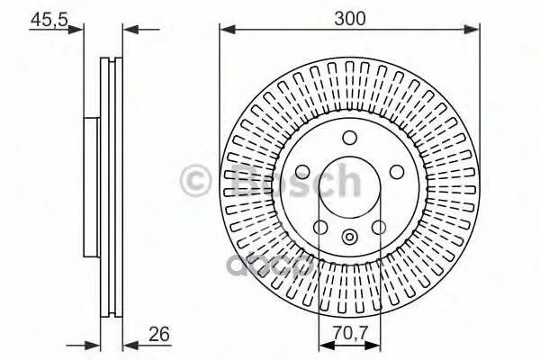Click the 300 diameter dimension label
pyautogui.click(x=349, y=18)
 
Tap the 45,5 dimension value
pyautogui.click(x=49, y=20)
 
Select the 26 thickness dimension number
pyautogui.click(x=159, y=334)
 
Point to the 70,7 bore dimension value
pyautogui.click(x=351, y=333)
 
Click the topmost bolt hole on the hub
pyautogui.click(x=349, y=138)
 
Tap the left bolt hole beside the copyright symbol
pyautogui.click(x=302, y=172)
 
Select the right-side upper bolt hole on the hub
pyautogui.click(x=397, y=172)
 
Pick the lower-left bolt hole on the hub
pyautogui.click(x=320, y=228)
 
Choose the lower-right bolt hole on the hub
pyautogui.click(x=379, y=228)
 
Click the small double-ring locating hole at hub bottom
pyautogui.click(x=349, y=237)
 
